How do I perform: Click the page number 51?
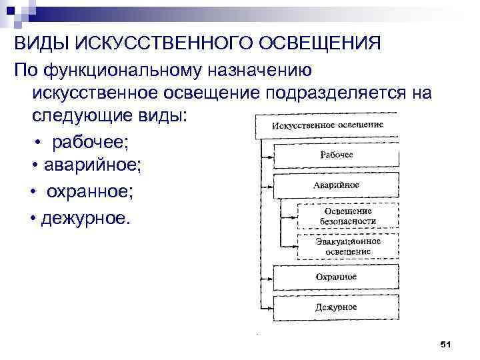(446, 344)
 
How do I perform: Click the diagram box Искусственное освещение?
(327, 125)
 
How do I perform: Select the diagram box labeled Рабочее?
(337, 155)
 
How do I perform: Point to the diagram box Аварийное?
(336, 185)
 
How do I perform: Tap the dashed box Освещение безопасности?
(347, 216)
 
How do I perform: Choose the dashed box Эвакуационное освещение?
(347, 246)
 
